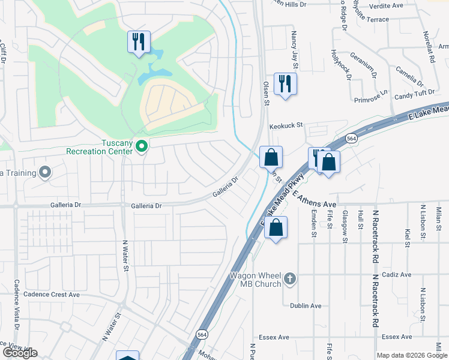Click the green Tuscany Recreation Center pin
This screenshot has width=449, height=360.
click(x=142, y=146)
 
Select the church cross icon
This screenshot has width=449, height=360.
click(x=290, y=278)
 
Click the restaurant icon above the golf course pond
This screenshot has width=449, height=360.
click(x=139, y=41)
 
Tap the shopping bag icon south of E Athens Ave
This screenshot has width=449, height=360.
click(x=276, y=227)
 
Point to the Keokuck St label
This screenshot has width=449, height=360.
click(x=287, y=127)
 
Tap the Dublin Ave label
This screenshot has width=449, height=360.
click(x=306, y=305)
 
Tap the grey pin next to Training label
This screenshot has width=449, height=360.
click(x=45, y=173)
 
